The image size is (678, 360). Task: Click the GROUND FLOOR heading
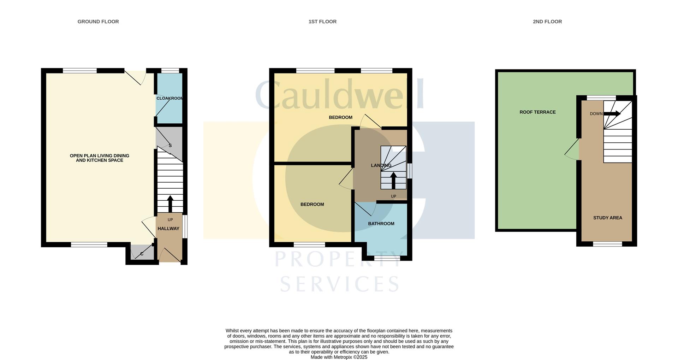click(98, 22)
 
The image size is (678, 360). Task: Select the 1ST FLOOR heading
click(322, 22)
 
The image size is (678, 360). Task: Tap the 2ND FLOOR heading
click(547, 22)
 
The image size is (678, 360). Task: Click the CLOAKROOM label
click(169, 98)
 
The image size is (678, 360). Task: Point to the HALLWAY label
click(168, 229)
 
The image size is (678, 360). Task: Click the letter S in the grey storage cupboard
click(170, 146)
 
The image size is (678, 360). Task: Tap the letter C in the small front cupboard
click(142, 254)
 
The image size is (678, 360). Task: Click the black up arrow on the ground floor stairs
click(170, 203)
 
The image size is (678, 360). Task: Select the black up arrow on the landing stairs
click(393, 180)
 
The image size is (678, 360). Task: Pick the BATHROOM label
click(381, 224)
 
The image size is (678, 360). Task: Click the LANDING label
click(381, 165)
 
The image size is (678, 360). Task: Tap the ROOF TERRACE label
click(537, 112)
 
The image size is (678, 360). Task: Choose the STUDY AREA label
click(607, 218)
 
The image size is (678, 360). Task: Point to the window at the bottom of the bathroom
click(387, 258)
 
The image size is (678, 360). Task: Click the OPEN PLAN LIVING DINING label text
click(100, 155)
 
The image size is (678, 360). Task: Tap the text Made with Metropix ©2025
click(339, 357)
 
